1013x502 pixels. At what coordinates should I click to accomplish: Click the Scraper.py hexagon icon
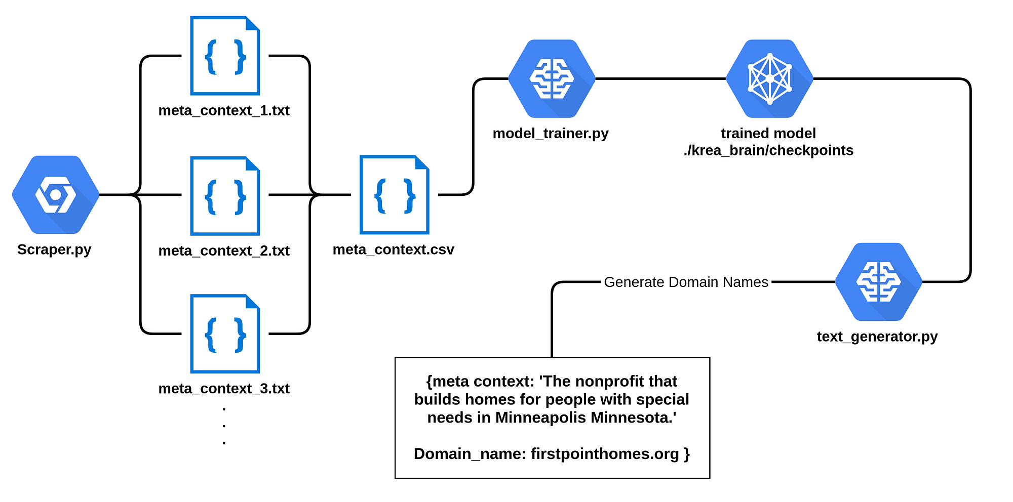tap(56, 195)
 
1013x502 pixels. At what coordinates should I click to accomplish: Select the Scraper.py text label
tap(54, 249)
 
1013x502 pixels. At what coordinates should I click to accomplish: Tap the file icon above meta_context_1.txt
tap(225, 56)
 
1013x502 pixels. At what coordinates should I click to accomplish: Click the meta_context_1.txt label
tap(224, 110)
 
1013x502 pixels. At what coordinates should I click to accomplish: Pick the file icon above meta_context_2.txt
tap(225, 196)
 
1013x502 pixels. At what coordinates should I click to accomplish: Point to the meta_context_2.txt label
tap(224, 250)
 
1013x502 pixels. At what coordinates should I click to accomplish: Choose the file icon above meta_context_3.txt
tap(225, 334)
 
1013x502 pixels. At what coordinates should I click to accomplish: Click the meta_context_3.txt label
tap(224, 389)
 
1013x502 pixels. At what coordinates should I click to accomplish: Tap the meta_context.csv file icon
tap(394, 195)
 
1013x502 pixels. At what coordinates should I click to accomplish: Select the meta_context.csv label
tap(394, 249)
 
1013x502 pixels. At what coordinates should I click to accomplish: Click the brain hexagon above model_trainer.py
tap(552, 79)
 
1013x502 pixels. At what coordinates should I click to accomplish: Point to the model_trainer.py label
tap(551, 134)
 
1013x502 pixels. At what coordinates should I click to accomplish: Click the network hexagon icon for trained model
tap(769, 79)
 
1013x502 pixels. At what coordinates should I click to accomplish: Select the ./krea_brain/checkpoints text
tap(768, 151)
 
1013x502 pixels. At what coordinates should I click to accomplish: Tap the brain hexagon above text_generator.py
tap(878, 282)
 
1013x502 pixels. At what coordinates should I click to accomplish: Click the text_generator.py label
tap(877, 337)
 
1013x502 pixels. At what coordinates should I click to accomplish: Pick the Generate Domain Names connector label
tap(686, 282)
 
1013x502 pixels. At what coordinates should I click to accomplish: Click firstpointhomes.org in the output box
tap(605, 454)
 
